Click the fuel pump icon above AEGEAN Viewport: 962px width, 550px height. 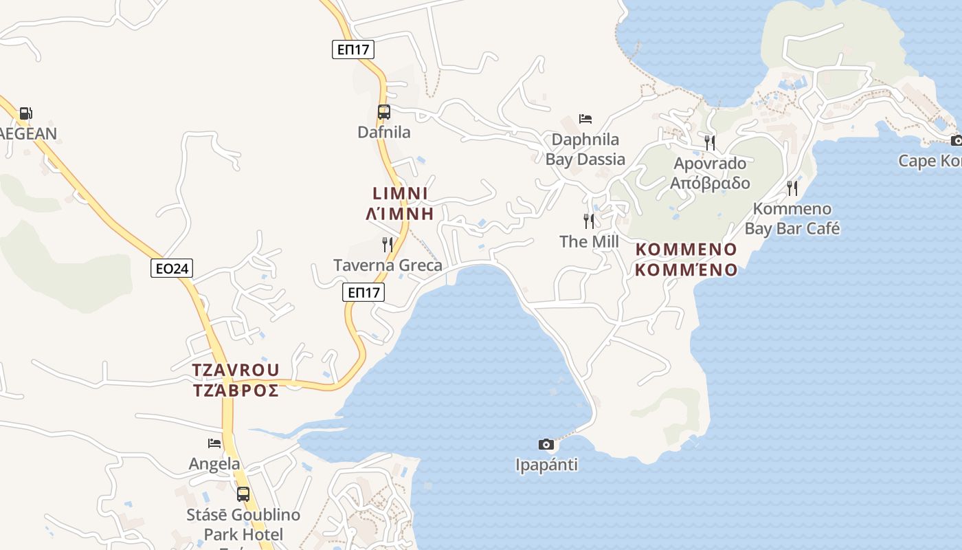coord(25,113)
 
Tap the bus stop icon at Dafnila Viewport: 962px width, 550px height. coord(384,112)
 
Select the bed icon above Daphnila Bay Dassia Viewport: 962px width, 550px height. coord(585,119)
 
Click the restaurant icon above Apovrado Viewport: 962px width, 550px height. coord(710,142)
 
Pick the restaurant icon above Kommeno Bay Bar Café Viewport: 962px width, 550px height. coord(792,188)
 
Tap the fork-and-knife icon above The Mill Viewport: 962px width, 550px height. coord(589,221)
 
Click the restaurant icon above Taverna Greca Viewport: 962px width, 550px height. coord(388,244)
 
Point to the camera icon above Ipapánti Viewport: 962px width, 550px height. coord(546,444)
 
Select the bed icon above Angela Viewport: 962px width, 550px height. coord(214,443)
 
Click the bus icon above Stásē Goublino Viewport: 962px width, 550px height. coord(243,494)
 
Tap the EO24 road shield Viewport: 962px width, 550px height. coord(172,268)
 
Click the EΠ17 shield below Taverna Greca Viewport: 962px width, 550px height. coord(363,292)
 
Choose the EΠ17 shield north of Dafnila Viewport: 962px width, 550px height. coord(353,49)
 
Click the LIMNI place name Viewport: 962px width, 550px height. coord(401,193)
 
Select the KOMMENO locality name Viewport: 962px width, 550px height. coord(686,249)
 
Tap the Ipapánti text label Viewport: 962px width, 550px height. coord(546,465)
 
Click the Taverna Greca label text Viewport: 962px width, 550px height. coord(388,265)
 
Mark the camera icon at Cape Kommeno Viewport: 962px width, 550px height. coord(956,140)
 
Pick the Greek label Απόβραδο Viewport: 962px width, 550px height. coord(710,183)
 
